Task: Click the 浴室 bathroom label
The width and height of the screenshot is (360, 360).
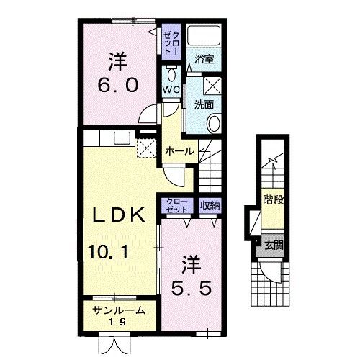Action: coord(204,59)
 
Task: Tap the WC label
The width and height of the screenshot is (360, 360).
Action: coord(171,89)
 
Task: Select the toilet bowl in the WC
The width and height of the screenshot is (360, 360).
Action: coord(171,73)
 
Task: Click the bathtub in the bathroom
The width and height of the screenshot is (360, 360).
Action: coord(204,35)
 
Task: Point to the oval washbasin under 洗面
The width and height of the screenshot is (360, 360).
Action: coord(214,124)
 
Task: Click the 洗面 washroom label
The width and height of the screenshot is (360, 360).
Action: coord(204,104)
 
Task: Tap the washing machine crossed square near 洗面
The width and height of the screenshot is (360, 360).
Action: coord(212,86)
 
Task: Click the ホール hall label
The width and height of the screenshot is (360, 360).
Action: coord(180,151)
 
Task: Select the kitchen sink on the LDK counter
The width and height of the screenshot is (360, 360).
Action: coord(122,138)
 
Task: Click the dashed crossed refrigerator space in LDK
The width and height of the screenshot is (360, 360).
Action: coord(146,148)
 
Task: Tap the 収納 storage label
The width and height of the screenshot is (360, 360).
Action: coord(210,205)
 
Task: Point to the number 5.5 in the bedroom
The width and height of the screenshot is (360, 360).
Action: coord(192,288)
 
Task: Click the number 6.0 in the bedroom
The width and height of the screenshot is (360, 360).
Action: coord(118,85)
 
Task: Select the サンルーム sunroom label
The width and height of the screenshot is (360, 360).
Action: coord(119,310)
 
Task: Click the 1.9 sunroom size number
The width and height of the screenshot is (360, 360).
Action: coord(117,322)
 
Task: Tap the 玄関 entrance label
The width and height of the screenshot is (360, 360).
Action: coord(274,246)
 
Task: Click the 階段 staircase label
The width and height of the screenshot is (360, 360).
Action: coord(274,199)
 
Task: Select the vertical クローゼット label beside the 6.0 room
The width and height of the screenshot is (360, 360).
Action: coord(171,43)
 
